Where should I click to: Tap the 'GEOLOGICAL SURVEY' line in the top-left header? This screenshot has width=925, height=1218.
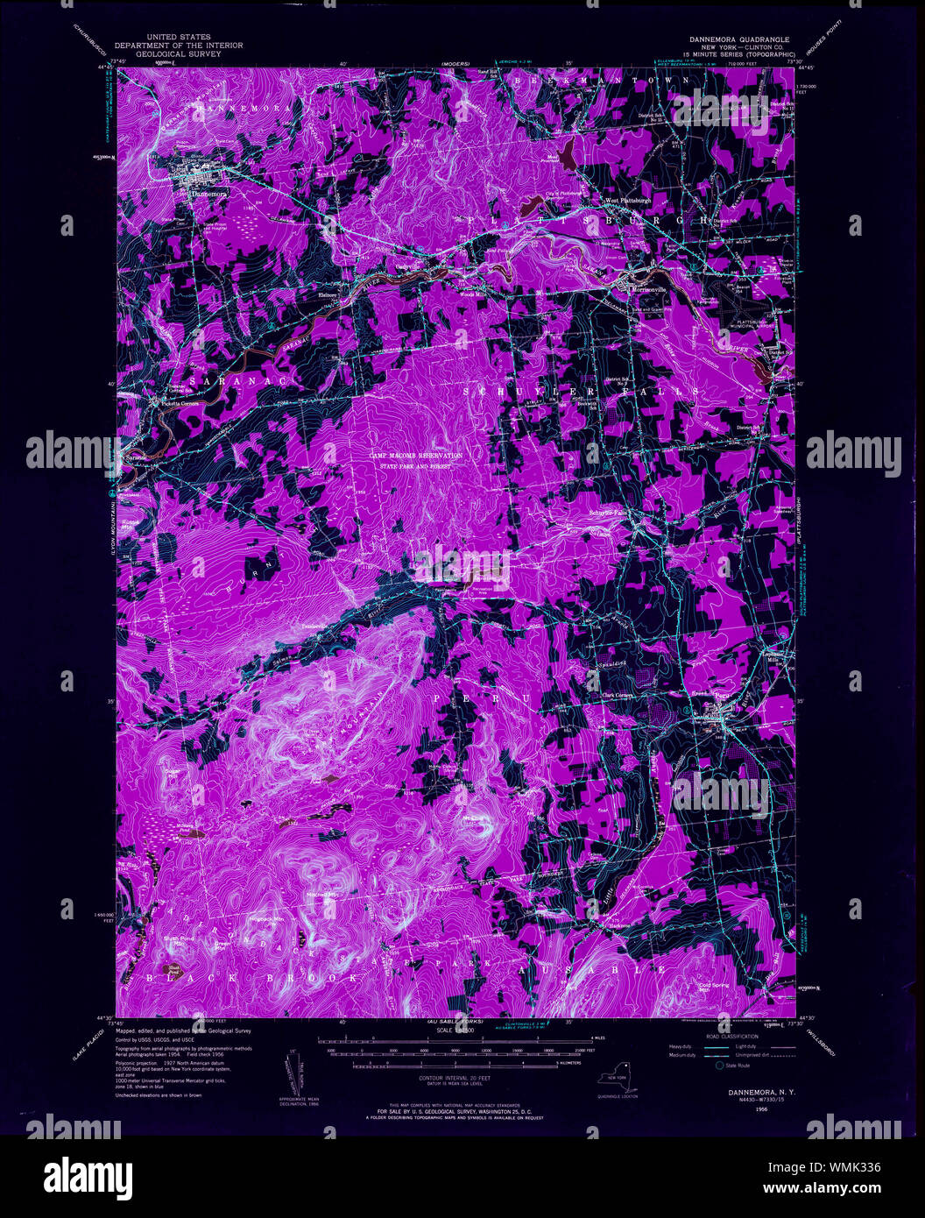[172, 53]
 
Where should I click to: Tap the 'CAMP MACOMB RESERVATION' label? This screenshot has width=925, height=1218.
[414, 457]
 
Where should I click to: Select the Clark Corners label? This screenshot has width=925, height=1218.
[618, 695]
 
